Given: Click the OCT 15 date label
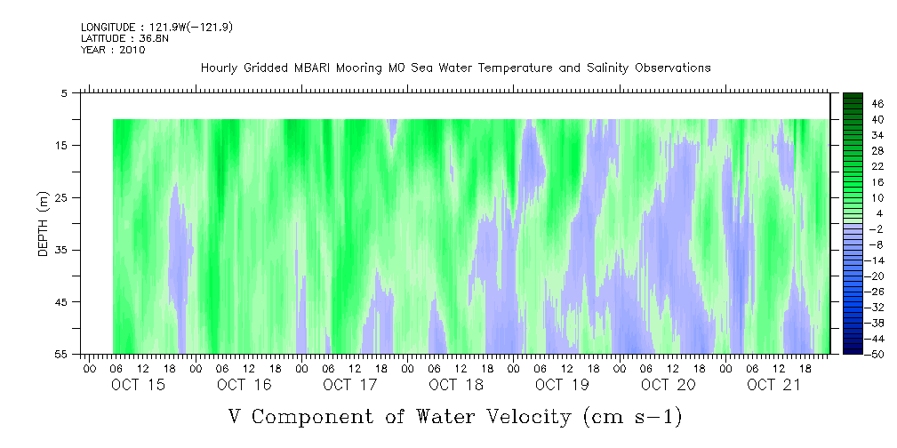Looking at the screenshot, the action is pos(139,385).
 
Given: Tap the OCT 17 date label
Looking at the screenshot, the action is pos(350,385).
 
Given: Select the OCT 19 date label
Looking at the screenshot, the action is pos(563,385).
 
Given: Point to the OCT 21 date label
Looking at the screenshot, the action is pos(774,385).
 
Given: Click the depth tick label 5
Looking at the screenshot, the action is pos(63,92).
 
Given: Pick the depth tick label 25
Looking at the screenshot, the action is pos(60,198).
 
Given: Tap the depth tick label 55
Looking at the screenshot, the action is pos(60,354).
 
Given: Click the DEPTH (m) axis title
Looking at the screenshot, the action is pos(44,224).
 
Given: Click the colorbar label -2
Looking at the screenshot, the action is pos(875,228).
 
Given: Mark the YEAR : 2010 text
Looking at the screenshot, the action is pos(113,50).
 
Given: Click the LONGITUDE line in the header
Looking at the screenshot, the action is pos(156,27).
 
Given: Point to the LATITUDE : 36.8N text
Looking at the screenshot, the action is pos(124,38).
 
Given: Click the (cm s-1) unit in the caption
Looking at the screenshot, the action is pos(633,418).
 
